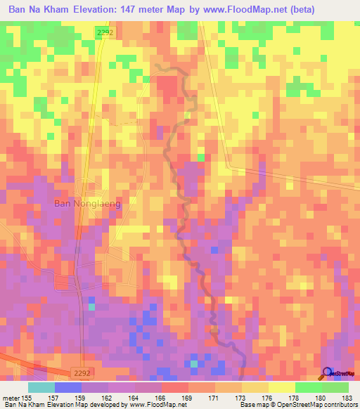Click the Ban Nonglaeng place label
click(x=88, y=204)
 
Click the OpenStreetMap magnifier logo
click(x=326, y=373)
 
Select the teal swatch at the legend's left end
click(x=41, y=387)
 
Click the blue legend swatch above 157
click(x=68, y=387)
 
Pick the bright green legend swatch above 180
click(x=309, y=387)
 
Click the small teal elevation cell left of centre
click(x=91, y=306)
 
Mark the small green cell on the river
click(x=200, y=157)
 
